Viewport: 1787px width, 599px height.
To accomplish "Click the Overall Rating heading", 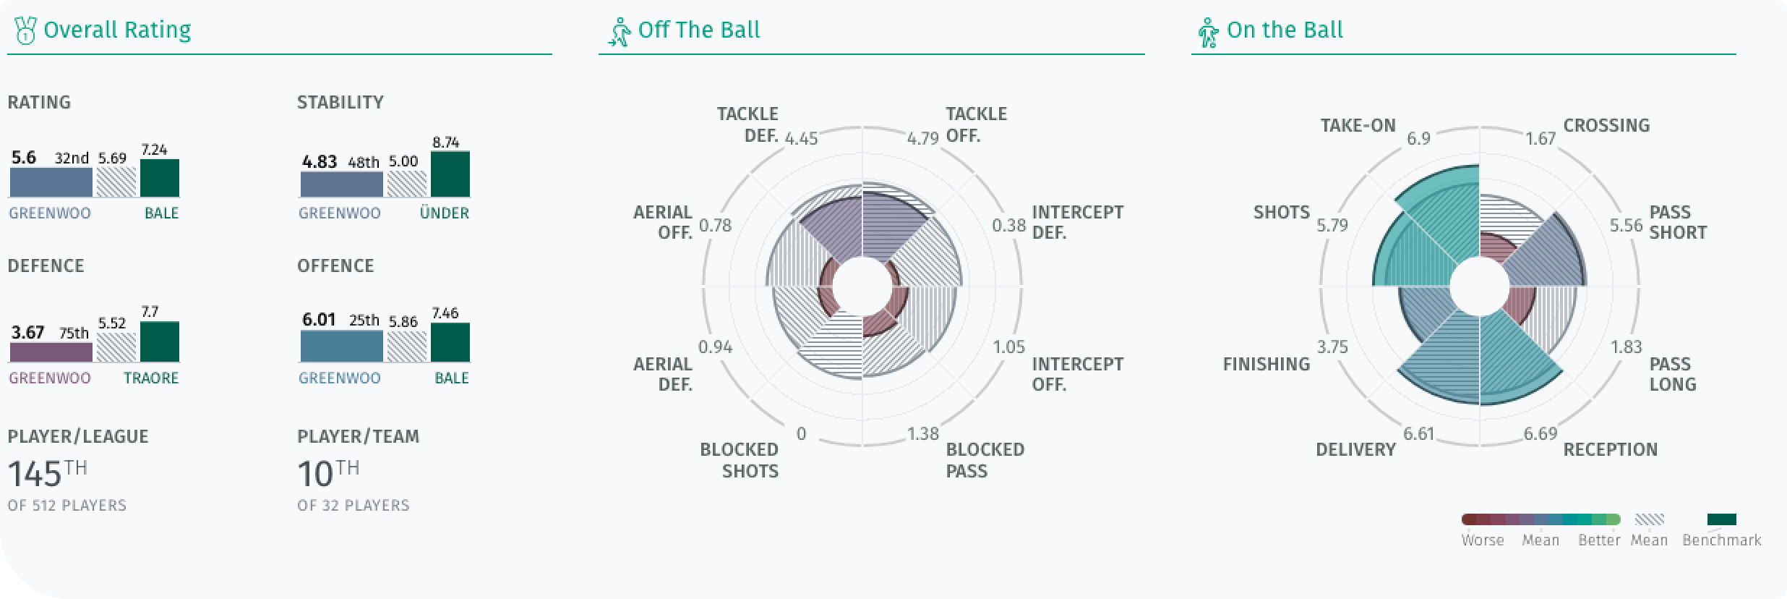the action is [x=117, y=30].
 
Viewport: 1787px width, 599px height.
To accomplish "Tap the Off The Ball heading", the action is [x=699, y=30].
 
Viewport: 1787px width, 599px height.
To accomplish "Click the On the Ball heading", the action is [x=1285, y=30].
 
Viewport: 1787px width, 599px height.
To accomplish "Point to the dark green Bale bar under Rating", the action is [x=160, y=178].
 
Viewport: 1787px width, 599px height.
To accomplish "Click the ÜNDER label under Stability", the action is [x=445, y=213].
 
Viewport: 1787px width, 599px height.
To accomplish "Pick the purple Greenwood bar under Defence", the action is [x=51, y=352].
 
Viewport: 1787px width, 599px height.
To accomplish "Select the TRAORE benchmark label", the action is [x=151, y=378].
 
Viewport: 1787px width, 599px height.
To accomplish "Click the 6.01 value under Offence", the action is [x=319, y=320].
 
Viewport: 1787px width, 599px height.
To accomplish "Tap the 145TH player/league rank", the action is [x=48, y=475].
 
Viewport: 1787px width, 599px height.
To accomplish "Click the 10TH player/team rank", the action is [x=328, y=475].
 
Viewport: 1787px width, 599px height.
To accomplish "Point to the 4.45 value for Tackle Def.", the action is [x=802, y=138].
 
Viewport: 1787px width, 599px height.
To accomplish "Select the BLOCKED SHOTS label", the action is [x=740, y=460].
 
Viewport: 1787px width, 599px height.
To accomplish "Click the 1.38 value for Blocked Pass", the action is [x=923, y=433].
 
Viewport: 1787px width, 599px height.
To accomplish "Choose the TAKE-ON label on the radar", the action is [x=1358, y=125].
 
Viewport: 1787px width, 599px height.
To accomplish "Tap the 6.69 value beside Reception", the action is [x=1540, y=433].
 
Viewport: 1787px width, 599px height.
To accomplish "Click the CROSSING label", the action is [x=1606, y=125].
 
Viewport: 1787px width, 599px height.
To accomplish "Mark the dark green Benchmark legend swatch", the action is [x=1721, y=519].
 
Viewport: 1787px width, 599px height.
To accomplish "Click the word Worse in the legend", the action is [x=1483, y=540].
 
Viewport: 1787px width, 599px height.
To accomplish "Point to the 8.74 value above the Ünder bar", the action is [x=446, y=143].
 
